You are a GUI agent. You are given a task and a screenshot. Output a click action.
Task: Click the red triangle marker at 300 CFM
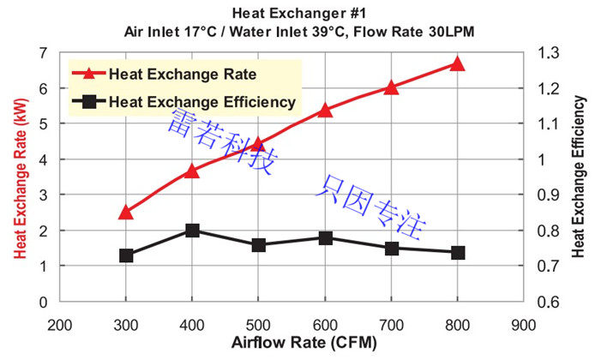pos(126,212)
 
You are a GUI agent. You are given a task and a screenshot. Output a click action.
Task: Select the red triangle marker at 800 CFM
pos(457,63)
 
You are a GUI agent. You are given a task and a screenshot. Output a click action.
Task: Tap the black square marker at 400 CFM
pos(192,231)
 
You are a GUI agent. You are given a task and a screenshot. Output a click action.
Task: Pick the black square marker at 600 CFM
pos(325,237)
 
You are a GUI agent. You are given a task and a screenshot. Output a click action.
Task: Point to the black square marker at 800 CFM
pos(457,253)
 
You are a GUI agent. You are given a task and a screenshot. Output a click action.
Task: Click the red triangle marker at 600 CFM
pos(325,110)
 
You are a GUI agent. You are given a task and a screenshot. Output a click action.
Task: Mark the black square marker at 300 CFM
pos(126,255)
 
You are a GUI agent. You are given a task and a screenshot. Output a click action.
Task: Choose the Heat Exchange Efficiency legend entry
pos(201,102)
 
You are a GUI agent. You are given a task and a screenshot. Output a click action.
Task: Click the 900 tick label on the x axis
pos(523,326)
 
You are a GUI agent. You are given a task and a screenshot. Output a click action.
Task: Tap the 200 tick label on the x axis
pos(59,326)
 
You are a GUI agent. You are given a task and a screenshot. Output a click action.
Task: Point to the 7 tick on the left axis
pos(42,52)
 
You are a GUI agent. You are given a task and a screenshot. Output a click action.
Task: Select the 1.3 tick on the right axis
pos(547,52)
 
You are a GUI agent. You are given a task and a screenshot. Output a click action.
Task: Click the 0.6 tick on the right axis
pos(547,302)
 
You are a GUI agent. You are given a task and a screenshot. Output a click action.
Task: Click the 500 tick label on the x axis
pos(258,326)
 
